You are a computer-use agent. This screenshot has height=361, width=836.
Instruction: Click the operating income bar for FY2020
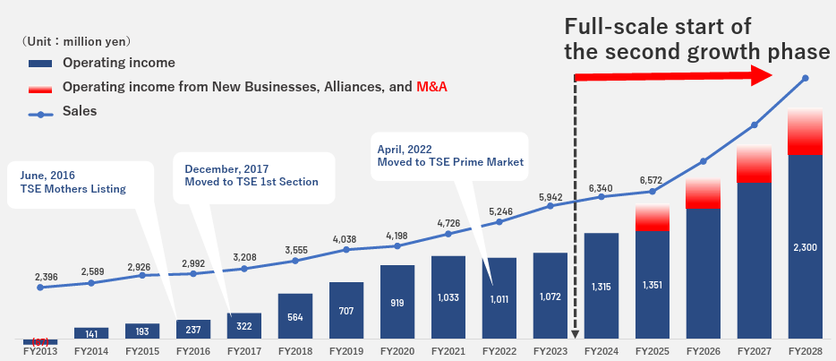pyautogui.click(x=397, y=304)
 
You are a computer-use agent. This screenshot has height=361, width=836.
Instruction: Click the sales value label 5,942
pyautogui.click(x=550, y=196)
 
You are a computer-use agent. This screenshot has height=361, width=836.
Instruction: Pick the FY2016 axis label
pyautogui.click(x=192, y=351)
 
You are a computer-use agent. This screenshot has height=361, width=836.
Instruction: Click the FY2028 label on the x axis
pyautogui.click(x=806, y=351)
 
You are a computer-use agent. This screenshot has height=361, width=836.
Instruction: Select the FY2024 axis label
pyautogui.click(x=601, y=351)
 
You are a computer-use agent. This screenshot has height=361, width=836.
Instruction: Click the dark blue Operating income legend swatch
pyautogui.click(x=41, y=63)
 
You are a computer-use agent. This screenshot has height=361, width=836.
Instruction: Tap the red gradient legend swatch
pyautogui.click(x=41, y=87)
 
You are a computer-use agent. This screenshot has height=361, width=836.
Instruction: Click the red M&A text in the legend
pyautogui.click(x=431, y=87)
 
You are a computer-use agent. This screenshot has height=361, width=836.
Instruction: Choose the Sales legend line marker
pyautogui.click(x=41, y=113)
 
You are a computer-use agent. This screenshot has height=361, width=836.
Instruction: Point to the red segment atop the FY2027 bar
pyautogui.click(x=755, y=163)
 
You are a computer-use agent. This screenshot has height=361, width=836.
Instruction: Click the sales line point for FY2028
pyautogui.click(x=806, y=79)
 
